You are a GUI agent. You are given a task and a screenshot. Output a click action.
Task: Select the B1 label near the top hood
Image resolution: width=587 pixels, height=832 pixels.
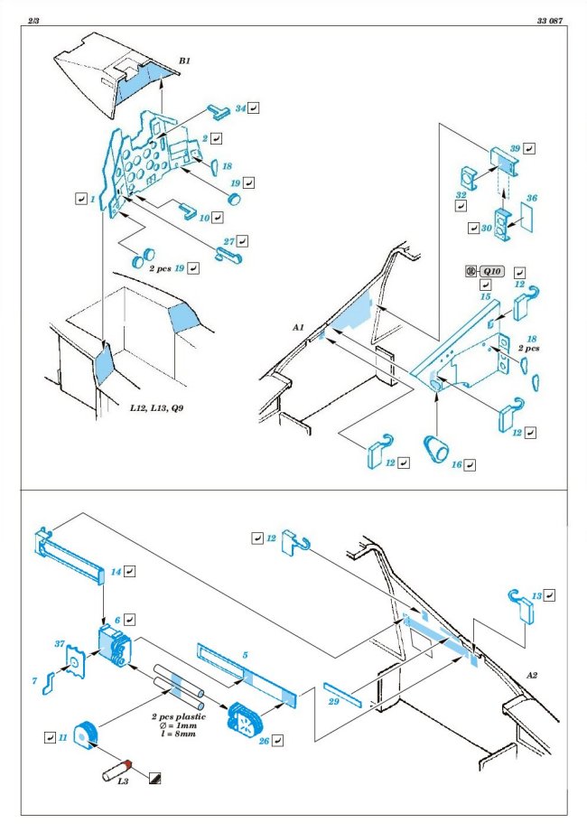(184, 61)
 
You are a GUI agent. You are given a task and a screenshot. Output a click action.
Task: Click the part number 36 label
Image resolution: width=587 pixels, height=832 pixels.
(532, 198)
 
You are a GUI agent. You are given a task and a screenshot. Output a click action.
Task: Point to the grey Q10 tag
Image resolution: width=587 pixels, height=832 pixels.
(491, 271)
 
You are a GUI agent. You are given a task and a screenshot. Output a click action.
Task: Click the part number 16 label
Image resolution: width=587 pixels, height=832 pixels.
(456, 464)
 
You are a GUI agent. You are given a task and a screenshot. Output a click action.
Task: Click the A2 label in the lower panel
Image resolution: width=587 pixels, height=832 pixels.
(536, 674)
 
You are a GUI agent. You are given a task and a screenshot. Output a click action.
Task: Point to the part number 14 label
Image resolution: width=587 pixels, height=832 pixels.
(116, 572)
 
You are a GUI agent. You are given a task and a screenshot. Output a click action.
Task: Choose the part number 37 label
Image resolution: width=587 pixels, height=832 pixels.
(61, 644)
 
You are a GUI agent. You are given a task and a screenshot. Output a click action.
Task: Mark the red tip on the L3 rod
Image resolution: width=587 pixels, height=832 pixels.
(127, 763)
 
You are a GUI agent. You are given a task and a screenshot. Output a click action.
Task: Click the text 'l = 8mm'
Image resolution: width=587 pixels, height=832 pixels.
(176, 734)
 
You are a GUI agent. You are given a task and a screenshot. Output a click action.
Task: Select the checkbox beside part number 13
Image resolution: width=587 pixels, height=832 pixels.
(550, 595)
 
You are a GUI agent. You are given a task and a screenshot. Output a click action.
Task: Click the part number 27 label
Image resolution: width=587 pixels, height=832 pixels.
(229, 242)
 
